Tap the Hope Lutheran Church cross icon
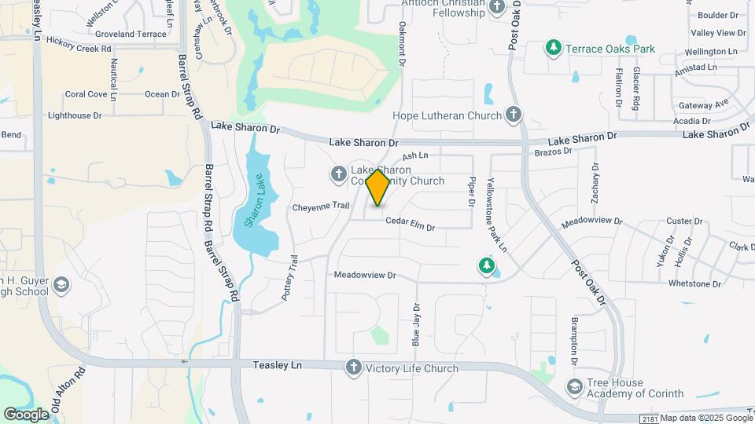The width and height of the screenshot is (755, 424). [x=513, y=116]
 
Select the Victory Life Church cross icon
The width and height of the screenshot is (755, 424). [x=353, y=367]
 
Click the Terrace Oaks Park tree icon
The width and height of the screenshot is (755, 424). [x=554, y=49]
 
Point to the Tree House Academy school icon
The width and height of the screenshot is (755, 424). [x=575, y=386]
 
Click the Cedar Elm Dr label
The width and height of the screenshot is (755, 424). [x=410, y=227]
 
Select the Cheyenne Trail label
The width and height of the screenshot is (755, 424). [x=320, y=207]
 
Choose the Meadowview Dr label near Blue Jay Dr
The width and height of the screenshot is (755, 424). [x=364, y=276]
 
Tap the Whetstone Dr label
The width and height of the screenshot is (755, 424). [x=694, y=283]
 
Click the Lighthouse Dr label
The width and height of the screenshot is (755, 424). [x=75, y=115]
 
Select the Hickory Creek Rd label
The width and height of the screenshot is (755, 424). [x=78, y=48]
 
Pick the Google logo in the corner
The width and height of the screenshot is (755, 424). [x=26, y=414]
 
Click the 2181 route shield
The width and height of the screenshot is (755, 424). [x=648, y=419]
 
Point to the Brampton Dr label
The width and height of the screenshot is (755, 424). [x=575, y=335]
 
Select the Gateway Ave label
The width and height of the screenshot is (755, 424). [x=704, y=105]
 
